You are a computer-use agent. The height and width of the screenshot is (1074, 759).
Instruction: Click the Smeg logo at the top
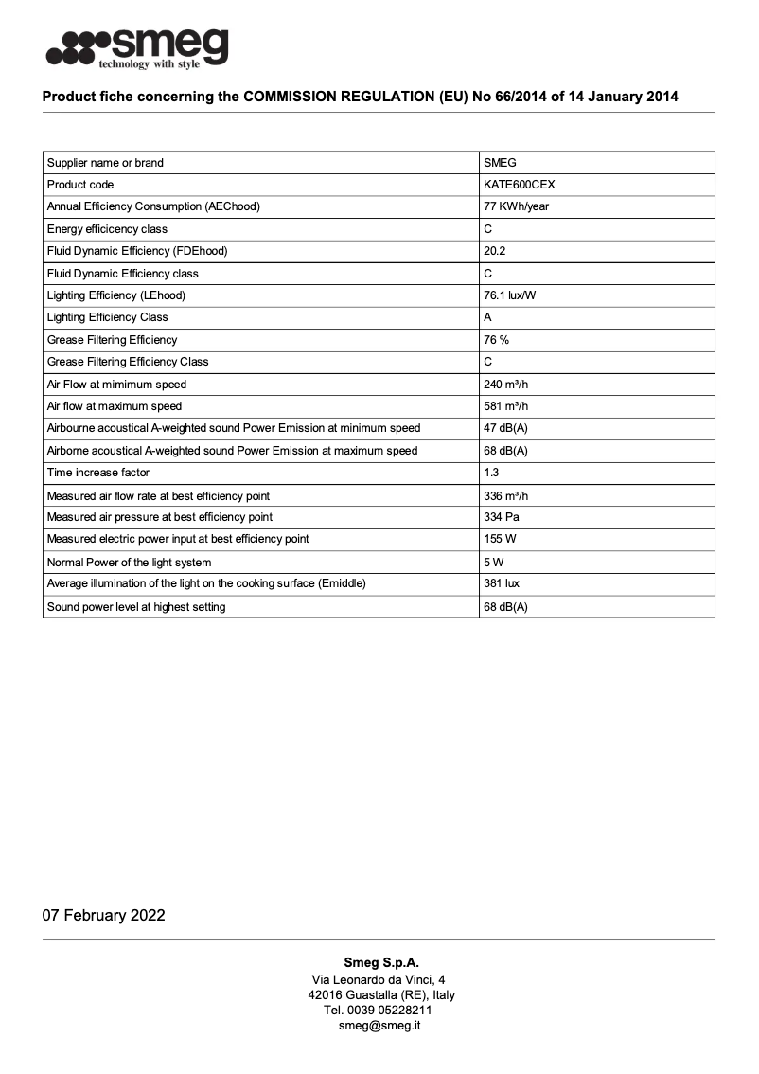pos(137,48)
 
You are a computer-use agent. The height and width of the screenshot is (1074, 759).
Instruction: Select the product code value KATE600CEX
pos(519,185)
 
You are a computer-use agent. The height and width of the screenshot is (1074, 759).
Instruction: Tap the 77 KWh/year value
pos(516,206)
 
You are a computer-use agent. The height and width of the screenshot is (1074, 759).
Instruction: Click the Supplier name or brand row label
pos(105,163)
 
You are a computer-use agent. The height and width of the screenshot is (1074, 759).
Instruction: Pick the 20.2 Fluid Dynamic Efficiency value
pos(495,251)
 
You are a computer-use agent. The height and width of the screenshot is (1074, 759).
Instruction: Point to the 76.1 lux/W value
pos(510,295)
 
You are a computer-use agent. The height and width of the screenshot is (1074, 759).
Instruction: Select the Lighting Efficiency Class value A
pos(488,317)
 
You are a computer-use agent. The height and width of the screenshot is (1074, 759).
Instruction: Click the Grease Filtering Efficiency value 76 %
pos(497,340)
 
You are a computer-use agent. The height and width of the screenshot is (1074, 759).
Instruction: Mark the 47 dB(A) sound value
pos(505,428)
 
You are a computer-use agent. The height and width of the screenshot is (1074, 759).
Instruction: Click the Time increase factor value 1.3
pos(492,473)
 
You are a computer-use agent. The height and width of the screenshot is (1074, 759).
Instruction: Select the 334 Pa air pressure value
pos(501,517)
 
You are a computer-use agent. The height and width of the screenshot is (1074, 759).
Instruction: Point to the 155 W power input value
pos(500,539)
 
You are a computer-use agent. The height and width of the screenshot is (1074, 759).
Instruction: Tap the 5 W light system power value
pos(493,562)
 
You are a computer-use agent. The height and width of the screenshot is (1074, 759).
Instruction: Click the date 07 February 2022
pos(103,915)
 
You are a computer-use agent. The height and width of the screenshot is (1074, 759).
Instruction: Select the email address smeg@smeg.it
pos(379,1026)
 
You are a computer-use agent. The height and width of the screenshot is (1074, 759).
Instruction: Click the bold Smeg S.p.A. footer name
pos(380,962)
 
